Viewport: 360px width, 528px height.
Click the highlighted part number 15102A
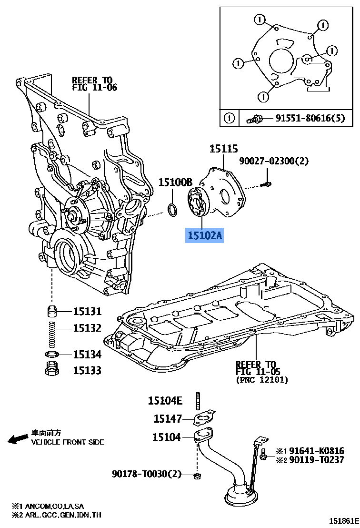(204, 235)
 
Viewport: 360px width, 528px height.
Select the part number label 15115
(223, 149)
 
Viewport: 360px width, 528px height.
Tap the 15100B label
(175, 182)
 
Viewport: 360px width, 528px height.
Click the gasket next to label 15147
(202, 419)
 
